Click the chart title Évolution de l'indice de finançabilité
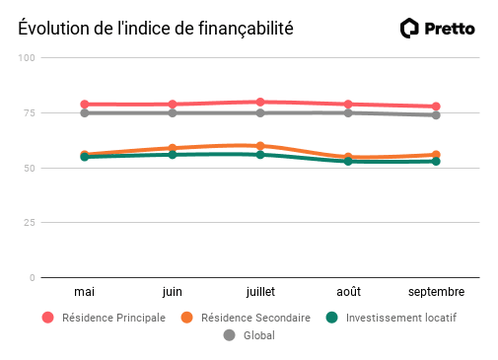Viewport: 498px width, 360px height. [156, 29]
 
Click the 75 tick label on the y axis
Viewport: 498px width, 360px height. [30, 113]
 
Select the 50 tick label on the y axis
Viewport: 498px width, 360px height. [30, 168]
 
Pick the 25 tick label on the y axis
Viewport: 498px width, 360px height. [30, 223]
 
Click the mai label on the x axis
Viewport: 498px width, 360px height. [85, 292]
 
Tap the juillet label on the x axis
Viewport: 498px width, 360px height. [260, 292]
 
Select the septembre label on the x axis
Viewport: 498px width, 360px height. [436, 292]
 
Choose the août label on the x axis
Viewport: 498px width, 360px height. [348, 292]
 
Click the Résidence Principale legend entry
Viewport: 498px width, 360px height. [104, 318]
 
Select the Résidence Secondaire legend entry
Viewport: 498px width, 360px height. [246, 318]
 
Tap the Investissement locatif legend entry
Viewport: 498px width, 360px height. [391, 318]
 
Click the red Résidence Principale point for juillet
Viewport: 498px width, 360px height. [260, 102]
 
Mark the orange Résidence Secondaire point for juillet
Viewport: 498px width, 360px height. [260, 146]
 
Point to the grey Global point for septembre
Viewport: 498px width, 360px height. [436, 115]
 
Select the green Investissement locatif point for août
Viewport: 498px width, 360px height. [348, 161]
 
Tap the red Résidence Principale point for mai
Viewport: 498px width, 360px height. [85, 104]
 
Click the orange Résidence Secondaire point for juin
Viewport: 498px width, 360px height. [173, 148]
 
